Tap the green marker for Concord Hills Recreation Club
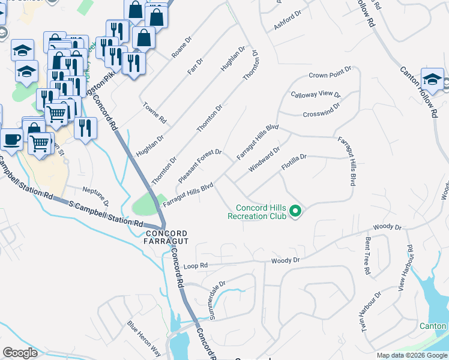click(295, 211)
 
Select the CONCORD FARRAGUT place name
click(166, 237)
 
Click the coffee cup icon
click(11, 140)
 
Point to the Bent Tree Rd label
click(366, 256)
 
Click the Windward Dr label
click(264, 159)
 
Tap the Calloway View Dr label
click(316, 95)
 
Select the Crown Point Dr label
click(329, 75)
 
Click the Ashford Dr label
click(286, 22)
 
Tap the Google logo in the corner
click(20, 353)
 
